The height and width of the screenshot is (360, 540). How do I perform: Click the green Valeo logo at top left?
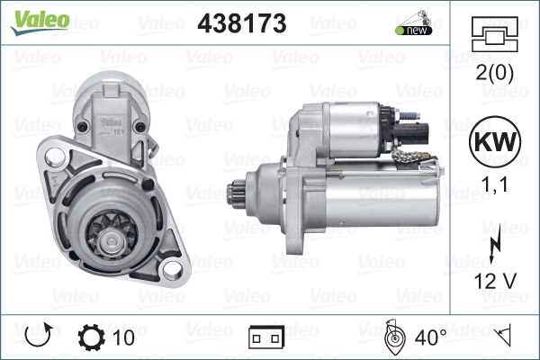pyautogui.click(x=40, y=22)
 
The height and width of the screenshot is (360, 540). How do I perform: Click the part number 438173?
pyautogui.click(x=242, y=23)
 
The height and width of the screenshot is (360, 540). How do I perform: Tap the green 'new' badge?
pyautogui.click(x=414, y=30)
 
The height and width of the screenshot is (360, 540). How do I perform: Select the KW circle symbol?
pyautogui.click(x=495, y=141)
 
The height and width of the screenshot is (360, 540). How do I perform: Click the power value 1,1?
pyautogui.click(x=494, y=184)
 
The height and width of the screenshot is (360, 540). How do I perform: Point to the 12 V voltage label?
pyautogui.click(x=495, y=281)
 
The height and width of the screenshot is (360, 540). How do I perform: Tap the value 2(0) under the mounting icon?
pyautogui.click(x=494, y=73)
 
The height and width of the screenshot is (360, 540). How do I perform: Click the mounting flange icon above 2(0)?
pyautogui.click(x=494, y=34)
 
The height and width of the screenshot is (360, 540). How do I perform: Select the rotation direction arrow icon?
pyautogui.click(x=39, y=335)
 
